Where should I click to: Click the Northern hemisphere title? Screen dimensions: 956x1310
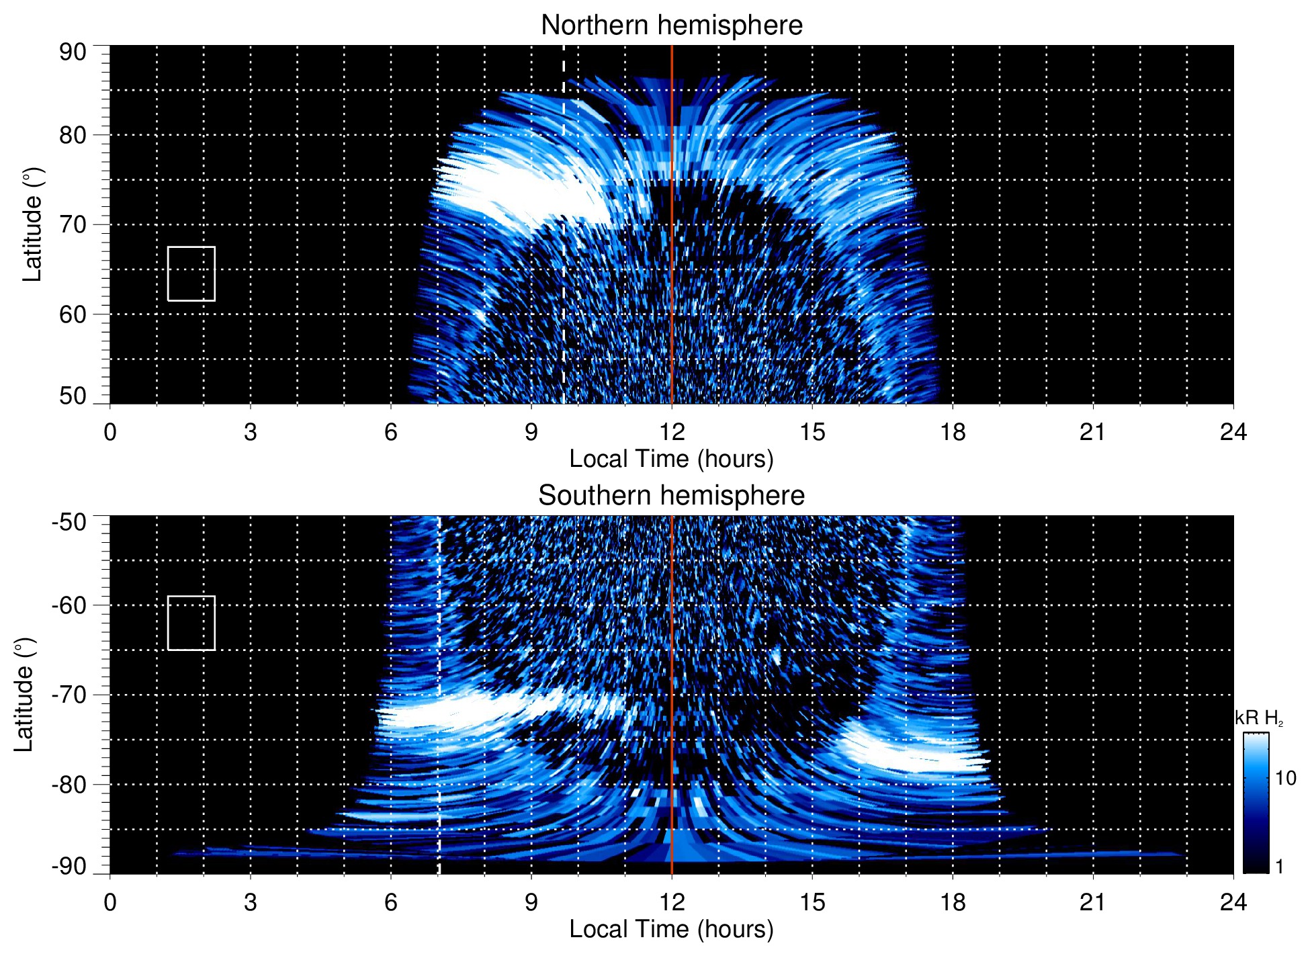[671, 26]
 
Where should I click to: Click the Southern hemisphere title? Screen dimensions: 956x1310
[671, 496]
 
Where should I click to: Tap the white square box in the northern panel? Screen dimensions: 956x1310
[191, 273]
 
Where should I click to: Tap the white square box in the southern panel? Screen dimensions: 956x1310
[191, 623]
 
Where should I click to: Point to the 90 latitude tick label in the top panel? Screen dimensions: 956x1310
[73, 52]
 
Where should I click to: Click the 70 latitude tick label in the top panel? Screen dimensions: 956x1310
[73, 224]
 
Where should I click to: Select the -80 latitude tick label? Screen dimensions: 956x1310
[69, 784]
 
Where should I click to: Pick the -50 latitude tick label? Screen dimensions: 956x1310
[69, 522]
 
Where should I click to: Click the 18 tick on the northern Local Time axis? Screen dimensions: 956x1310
[953, 432]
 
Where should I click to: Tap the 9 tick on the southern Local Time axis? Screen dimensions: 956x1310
[531, 902]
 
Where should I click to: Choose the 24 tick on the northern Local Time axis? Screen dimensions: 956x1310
[1233, 432]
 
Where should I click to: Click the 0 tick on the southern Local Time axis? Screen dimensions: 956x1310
[110, 902]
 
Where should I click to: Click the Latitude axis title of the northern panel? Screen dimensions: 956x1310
[32, 224]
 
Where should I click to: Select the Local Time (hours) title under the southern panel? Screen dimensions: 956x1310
[671, 929]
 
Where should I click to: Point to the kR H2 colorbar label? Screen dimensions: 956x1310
[1258, 718]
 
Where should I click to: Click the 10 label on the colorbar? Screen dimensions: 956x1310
[1285, 778]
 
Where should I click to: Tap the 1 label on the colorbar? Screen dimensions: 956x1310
[1279, 867]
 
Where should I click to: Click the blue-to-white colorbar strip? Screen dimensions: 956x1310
[1256, 803]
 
